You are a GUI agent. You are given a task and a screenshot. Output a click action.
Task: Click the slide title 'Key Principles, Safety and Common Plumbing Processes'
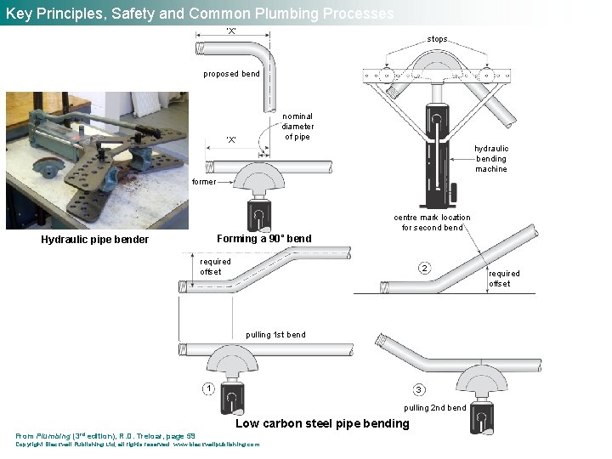click(x=200, y=14)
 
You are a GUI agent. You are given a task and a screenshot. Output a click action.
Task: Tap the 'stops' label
click(x=437, y=39)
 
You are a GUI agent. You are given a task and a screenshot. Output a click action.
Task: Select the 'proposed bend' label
click(x=231, y=74)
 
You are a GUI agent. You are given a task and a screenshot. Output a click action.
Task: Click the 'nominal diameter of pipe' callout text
click(x=297, y=127)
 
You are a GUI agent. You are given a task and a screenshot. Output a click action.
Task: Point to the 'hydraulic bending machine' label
click(x=491, y=158)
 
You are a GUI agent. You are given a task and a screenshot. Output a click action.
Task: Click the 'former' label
click(x=204, y=182)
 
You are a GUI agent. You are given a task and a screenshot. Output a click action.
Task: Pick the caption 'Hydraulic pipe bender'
click(x=94, y=240)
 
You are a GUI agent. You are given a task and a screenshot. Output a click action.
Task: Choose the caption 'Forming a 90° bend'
click(x=264, y=239)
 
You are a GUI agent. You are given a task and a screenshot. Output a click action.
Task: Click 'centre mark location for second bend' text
click(x=432, y=222)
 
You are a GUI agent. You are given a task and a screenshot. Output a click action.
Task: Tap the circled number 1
click(x=208, y=388)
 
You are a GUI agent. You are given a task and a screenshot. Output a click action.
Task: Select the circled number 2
click(x=424, y=269)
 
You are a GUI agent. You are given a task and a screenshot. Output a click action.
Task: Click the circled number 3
click(x=418, y=389)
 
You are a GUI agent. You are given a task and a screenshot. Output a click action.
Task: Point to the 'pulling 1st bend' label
click(x=275, y=335)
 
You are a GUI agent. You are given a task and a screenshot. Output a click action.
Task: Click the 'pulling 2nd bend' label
click(x=434, y=408)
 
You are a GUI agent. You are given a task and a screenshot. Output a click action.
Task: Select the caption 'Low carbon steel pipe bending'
click(x=322, y=423)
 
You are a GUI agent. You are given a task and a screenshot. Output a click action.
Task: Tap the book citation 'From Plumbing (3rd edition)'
click(x=105, y=436)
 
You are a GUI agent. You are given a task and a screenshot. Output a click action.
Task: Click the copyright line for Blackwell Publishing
click(x=137, y=445)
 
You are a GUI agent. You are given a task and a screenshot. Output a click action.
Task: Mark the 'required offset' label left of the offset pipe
click(x=215, y=267)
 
